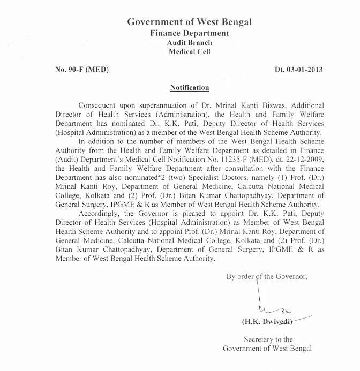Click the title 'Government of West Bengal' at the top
coord(189,22)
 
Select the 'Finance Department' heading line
coord(189,33)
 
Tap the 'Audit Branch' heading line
coord(189,43)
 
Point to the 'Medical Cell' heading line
coord(189,52)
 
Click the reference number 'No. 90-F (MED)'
coord(82,70)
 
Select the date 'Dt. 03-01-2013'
coord(299,70)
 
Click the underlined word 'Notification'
coord(189,87)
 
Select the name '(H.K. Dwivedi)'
coord(267,322)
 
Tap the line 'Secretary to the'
coord(268,339)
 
